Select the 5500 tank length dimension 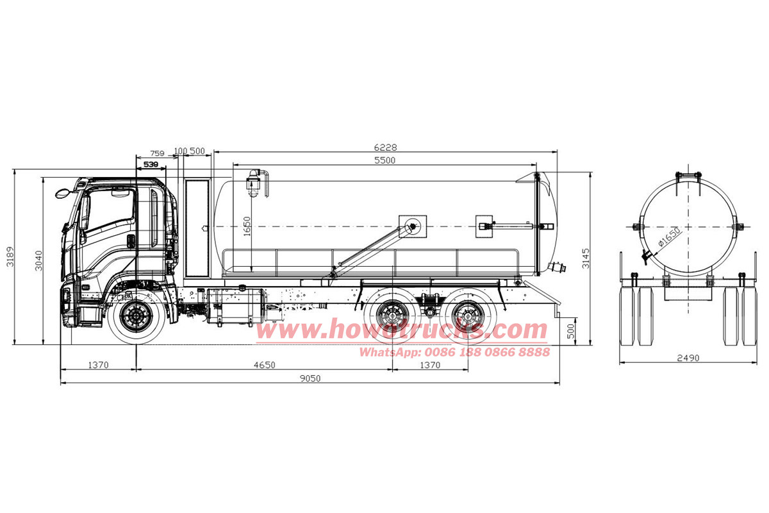[384, 160]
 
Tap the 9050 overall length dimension [310, 378]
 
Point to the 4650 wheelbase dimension [264, 365]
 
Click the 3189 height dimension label [9, 256]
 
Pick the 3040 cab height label [38, 260]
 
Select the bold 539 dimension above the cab [151, 165]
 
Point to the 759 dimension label [157, 154]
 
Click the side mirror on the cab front [62, 192]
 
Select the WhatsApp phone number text [454, 352]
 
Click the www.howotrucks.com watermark [402, 330]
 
